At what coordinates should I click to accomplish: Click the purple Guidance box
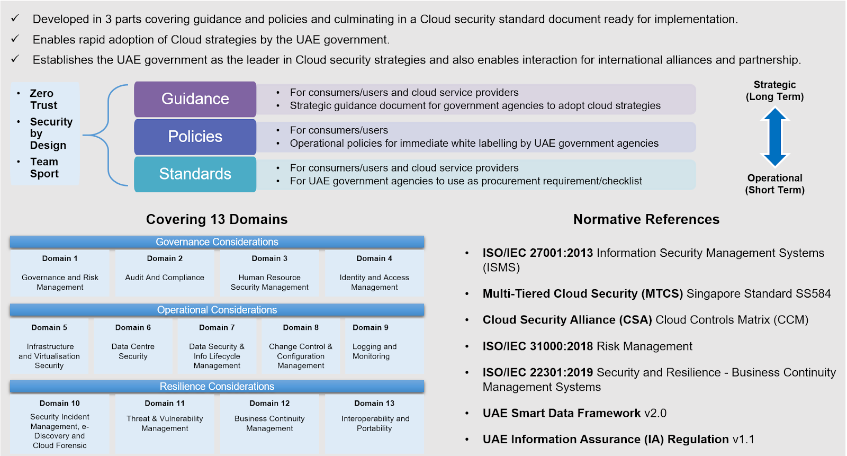click(x=195, y=99)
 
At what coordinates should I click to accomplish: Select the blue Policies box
click(x=195, y=137)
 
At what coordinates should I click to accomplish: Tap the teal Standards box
click(x=195, y=174)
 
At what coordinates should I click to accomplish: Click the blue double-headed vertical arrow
click(x=774, y=137)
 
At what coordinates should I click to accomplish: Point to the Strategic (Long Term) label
click(x=774, y=91)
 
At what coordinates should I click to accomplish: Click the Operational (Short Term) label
click(x=774, y=184)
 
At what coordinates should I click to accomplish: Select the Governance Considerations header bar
click(x=217, y=242)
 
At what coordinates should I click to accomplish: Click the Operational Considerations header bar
click(x=217, y=310)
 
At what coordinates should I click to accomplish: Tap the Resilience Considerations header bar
click(x=217, y=387)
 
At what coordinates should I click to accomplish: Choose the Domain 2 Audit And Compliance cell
click(x=165, y=273)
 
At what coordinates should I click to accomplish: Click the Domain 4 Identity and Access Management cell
click(x=374, y=273)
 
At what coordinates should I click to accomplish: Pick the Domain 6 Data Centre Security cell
click(x=133, y=346)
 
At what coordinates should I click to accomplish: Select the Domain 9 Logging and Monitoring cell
click(x=384, y=346)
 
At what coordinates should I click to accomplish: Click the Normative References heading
click(x=646, y=219)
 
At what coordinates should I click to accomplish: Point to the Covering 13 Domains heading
click(x=217, y=219)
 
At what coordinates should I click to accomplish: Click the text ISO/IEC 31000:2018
click(x=538, y=346)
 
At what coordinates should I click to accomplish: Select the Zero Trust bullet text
click(x=43, y=99)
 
